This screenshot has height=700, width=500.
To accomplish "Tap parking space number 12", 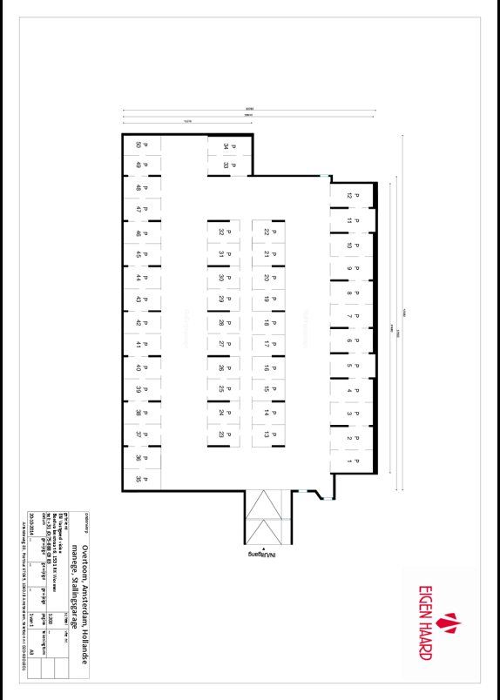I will click(x=353, y=196).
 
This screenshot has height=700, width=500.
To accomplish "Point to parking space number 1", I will click(x=353, y=460).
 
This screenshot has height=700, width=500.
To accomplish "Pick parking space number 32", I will click(x=225, y=232).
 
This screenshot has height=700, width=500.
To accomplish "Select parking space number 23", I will click(x=225, y=433).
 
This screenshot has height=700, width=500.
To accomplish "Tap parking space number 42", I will click(x=140, y=322).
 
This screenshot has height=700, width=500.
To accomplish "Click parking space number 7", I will click(x=353, y=317).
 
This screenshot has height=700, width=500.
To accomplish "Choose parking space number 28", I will click(x=225, y=322).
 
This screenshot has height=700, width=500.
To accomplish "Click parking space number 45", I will click(x=140, y=255).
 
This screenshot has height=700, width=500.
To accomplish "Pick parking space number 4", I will click(x=353, y=389).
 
